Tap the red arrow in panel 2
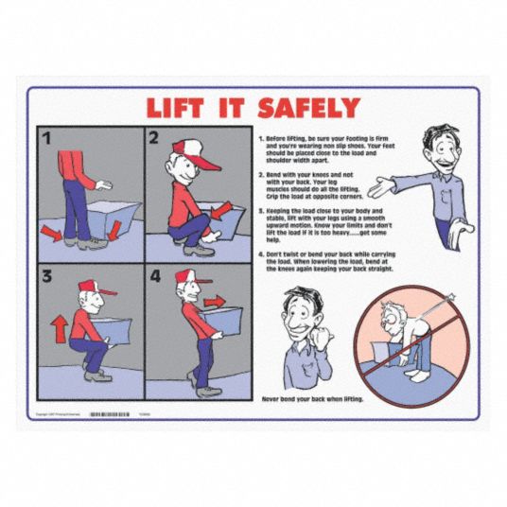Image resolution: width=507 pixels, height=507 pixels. point(221,211)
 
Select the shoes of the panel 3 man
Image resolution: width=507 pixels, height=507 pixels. point(96,376)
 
